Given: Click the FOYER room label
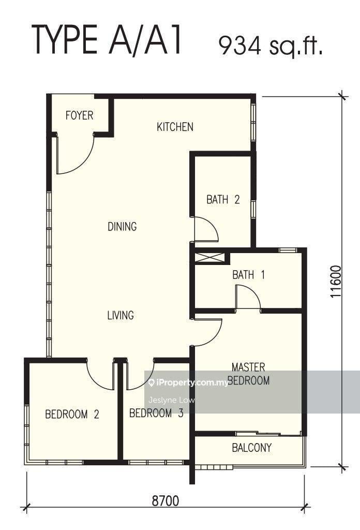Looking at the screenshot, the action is coord(79,115).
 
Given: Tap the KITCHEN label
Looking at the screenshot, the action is coord(175,127).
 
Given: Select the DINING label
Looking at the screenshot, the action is coord(122,226).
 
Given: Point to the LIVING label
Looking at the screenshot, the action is coord(121,315).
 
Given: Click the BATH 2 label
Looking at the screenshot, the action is coord(223,199).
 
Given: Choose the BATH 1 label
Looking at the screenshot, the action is coord(249,274).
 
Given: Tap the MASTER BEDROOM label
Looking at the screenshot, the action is coord(249,374).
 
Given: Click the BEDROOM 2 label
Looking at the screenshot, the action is coord(72,414).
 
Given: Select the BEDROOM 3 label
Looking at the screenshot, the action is coord(156,413).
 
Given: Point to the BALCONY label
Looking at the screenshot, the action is coord(251,448).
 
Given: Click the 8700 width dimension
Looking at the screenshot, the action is coord(165,500).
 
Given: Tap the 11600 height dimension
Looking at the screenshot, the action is coord(336,282).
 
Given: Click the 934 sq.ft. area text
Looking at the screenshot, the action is coord(271,45).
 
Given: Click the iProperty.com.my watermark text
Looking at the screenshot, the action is coord(188,382).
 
